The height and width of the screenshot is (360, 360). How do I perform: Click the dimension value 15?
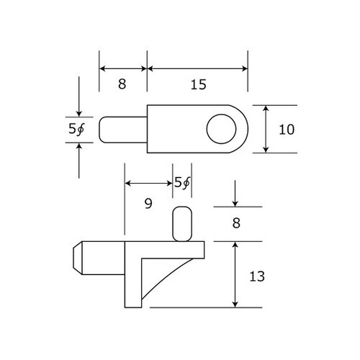(x=199, y=84)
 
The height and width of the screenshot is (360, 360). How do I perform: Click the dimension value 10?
(x=287, y=130)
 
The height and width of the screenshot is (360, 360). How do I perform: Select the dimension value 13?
(x=256, y=276)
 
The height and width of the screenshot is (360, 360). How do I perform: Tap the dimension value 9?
(x=148, y=204)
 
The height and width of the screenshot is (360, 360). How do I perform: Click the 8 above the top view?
(x=122, y=84)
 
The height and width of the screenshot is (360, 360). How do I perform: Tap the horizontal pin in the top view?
(x=122, y=130)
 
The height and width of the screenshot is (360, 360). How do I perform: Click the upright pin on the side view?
(x=182, y=223)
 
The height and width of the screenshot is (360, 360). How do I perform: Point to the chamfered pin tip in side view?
(x=77, y=258)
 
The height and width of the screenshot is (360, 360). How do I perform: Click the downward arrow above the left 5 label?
(x=78, y=112)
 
